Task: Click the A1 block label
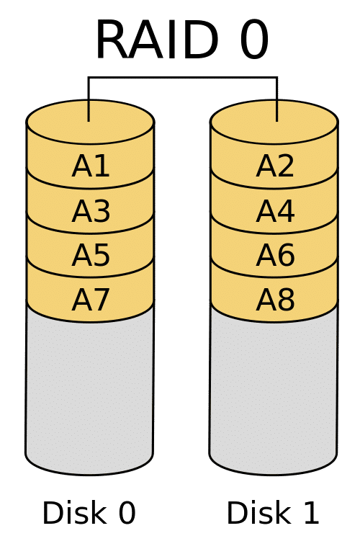(x=91, y=166)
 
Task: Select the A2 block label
(x=275, y=166)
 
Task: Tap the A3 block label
(x=91, y=211)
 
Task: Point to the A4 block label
(x=275, y=211)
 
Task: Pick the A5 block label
(x=91, y=255)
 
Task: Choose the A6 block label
(x=275, y=255)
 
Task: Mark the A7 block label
(x=91, y=300)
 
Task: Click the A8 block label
(x=275, y=300)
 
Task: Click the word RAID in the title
(x=157, y=40)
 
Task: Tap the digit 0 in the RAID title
(x=254, y=40)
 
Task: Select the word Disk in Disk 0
(x=74, y=512)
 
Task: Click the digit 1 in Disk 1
(x=311, y=513)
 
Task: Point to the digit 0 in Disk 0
(x=127, y=513)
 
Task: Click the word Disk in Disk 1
(x=258, y=512)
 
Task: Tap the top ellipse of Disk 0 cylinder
(x=90, y=122)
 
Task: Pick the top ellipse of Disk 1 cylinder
(x=274, y=122)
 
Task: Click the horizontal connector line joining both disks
(x=182, y=77)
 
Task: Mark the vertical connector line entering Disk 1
(x=277, y=99)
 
